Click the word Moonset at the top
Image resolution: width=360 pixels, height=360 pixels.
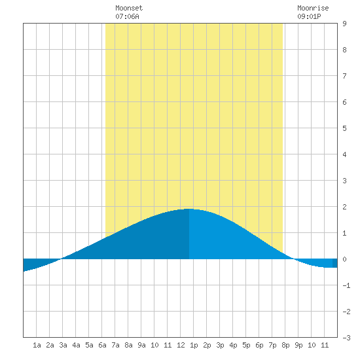click(129, 8)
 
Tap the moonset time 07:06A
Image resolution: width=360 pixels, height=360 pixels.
click(127, 16)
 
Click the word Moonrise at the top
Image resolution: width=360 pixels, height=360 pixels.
click(313, 8)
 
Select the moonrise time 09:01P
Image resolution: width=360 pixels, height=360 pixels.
click(309, 16)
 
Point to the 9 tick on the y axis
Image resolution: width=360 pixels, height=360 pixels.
click(344, 24)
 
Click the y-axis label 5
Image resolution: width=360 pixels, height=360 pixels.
click(344, 128)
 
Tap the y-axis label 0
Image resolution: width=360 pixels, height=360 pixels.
click(344, 259)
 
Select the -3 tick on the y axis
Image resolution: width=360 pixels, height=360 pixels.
click(346, 338)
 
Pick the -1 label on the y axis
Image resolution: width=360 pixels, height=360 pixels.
click(346, 285)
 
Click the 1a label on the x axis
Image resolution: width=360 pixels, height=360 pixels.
click(37, 345)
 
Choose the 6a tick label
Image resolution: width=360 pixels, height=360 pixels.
click(102, 345)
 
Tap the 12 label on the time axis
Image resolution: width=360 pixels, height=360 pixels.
click(181, 345)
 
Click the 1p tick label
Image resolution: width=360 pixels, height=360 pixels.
click(194, 345)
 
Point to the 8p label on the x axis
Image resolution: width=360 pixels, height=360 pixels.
click(285, 345)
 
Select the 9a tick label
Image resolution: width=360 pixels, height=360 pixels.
click(141, 345)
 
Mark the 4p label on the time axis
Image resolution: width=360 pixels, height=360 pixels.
click(233, 345)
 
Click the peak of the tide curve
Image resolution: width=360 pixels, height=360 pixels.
click(189, 209)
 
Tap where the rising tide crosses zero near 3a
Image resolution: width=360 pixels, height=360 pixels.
click(62, 259)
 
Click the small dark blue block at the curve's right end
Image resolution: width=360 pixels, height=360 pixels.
click(335, 263)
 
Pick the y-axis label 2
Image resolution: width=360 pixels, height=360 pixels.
click(344, 207)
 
